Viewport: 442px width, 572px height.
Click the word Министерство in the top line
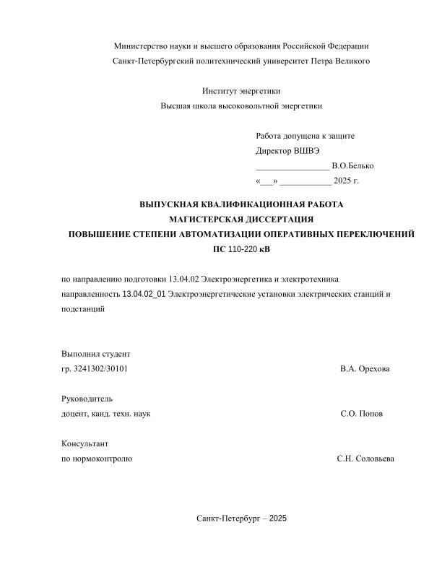coord(140,46)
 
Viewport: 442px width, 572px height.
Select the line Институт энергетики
coord(241,91)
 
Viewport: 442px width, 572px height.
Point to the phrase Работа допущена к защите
coord(305,136)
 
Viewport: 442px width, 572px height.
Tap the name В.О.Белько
coord(352,166)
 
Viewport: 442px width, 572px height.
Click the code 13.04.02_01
coord(144,294)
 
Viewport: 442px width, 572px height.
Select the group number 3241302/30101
coord(102,369)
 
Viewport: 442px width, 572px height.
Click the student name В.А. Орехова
coord(365,369)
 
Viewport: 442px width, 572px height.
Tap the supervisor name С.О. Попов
coord(362,414)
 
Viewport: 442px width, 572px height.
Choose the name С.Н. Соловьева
coord(365,459)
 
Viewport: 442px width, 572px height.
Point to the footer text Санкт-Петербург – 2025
coord(241,519)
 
